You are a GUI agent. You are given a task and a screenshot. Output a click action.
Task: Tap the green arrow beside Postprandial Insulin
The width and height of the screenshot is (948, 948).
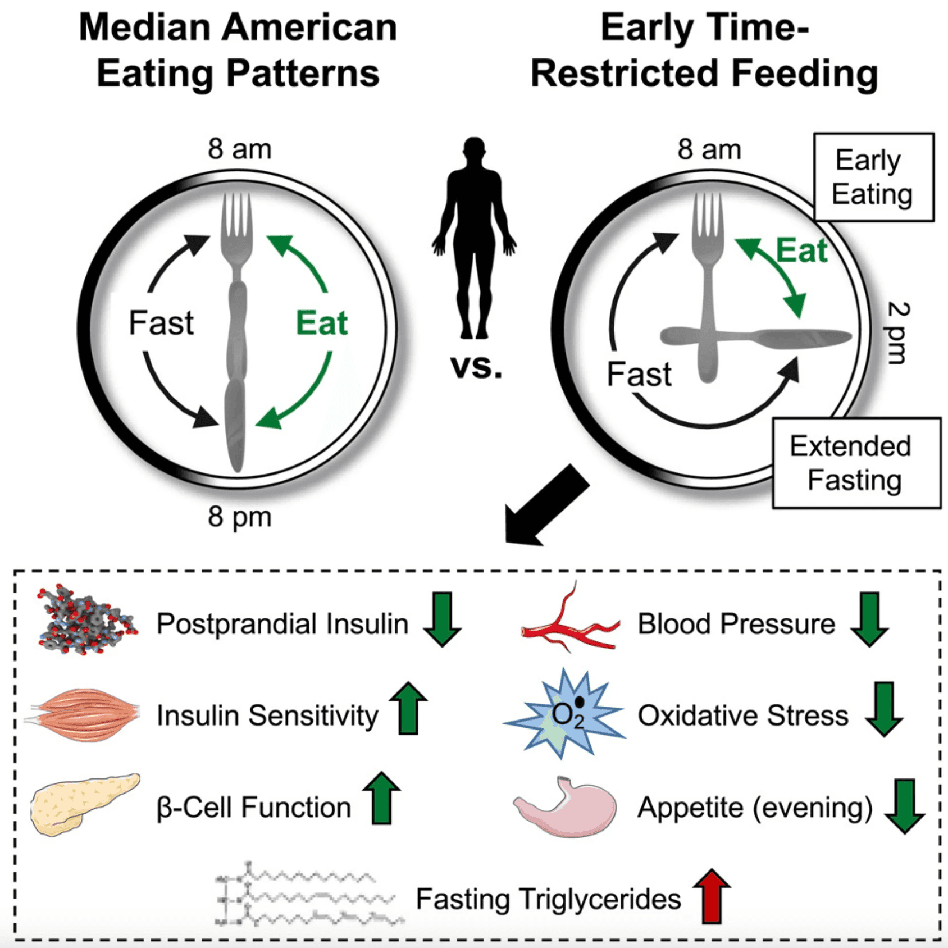coord(442,619)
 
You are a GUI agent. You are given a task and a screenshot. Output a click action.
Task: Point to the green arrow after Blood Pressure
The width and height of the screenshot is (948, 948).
coord(869,619)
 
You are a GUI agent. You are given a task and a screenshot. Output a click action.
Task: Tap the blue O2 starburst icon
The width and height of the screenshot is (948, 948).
coord(565,714)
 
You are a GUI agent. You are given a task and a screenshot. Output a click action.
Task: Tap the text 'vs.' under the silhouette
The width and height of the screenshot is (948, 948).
coord(476,367)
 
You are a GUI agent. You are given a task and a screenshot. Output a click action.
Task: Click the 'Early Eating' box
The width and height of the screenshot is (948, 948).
coord(873,177)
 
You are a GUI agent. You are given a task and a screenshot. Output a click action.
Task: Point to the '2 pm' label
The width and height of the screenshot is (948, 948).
coord(897,332)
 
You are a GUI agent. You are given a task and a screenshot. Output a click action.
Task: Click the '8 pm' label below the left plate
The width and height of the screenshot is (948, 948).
coord(240,517)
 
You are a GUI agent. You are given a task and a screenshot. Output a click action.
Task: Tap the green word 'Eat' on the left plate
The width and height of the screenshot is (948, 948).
coord(322,323)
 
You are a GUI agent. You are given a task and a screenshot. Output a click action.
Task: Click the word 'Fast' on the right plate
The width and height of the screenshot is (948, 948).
coord(639,374)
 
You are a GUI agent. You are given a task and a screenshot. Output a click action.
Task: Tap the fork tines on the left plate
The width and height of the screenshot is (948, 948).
coord(236,216)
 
